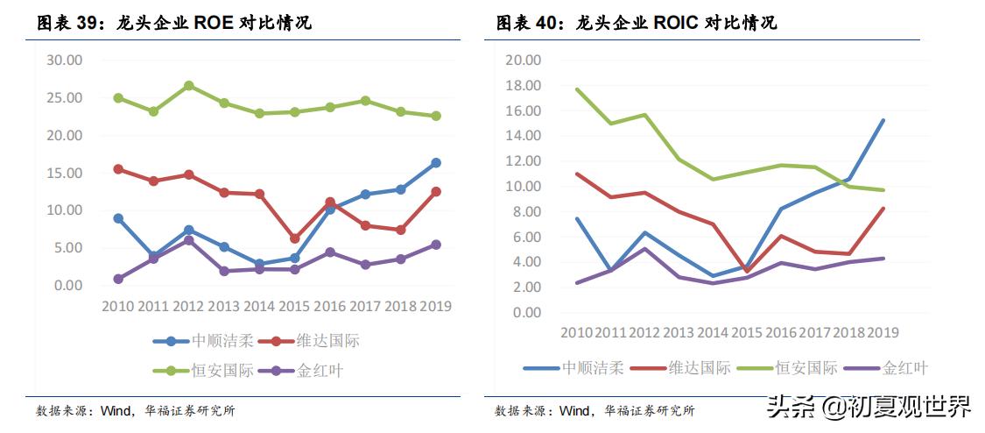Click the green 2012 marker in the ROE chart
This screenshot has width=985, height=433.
[x=188, y=86]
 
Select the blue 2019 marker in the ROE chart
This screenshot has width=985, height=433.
[x=436, y=163]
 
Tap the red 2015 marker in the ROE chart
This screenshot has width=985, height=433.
[x=295, y=238]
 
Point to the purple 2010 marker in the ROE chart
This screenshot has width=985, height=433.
[x=118, y=279]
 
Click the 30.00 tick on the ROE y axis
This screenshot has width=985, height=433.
[x=64, y=60]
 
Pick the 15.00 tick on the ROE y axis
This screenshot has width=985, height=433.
[x=64, y=173]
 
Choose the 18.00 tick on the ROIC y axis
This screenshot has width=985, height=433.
[x=524, y=86]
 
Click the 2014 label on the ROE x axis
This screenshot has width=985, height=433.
[x=259, y=307]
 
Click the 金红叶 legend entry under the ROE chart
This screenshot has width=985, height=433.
[x=320, y=371]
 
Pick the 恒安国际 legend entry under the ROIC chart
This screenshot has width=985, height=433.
[x=806, y=368]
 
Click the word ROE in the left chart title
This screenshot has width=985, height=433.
[x=215, y=24]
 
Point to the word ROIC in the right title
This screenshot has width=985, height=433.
[x=676, y=24]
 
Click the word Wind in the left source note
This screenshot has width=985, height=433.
[x=115, y=410]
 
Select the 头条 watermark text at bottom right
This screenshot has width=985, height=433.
[x=792, y=407]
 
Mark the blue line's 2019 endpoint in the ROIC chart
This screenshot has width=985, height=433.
[x=883, y=120]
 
